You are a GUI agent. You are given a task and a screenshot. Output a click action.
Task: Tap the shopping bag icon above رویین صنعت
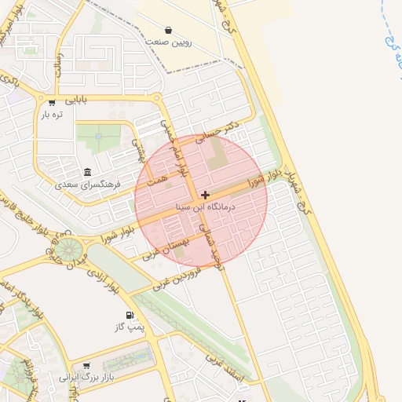[x=169, y=31]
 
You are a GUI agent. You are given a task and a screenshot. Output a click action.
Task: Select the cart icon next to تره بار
[x=52, y=103]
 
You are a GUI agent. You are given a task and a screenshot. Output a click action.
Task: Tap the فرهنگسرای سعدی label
[x=88, y=185]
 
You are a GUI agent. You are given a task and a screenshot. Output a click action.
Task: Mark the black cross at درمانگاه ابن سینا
[x=206, y=195]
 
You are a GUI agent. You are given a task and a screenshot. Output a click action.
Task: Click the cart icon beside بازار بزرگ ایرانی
[x=86, y=366]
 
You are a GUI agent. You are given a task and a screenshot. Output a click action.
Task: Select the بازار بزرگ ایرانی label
[x=87, y=378]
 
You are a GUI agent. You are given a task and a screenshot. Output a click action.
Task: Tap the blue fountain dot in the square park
[x=99, y=136]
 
